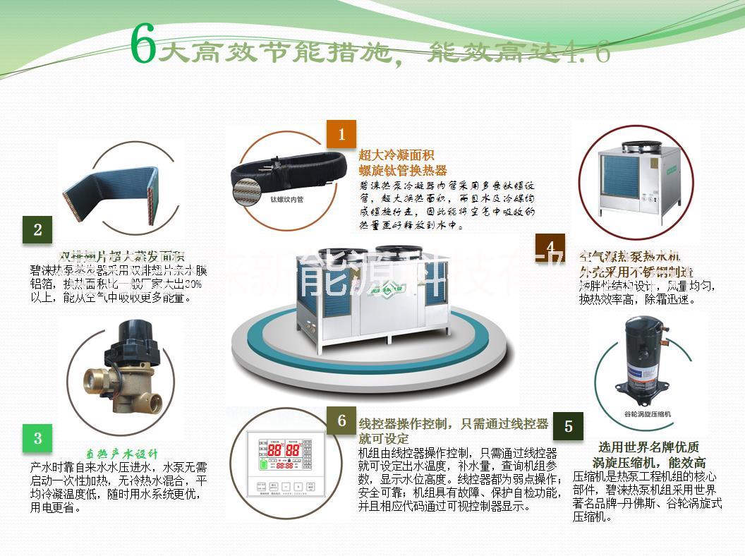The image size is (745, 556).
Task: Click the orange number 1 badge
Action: (342, 134)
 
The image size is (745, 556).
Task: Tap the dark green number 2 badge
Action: (37, 229)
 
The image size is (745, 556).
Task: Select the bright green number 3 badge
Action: (37, 438)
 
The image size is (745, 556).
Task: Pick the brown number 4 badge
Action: (550, 246)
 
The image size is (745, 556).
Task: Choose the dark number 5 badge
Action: (568, 427)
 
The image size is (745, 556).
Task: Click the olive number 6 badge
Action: (341, 421)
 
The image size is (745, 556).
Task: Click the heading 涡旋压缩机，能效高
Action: (649, 463)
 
